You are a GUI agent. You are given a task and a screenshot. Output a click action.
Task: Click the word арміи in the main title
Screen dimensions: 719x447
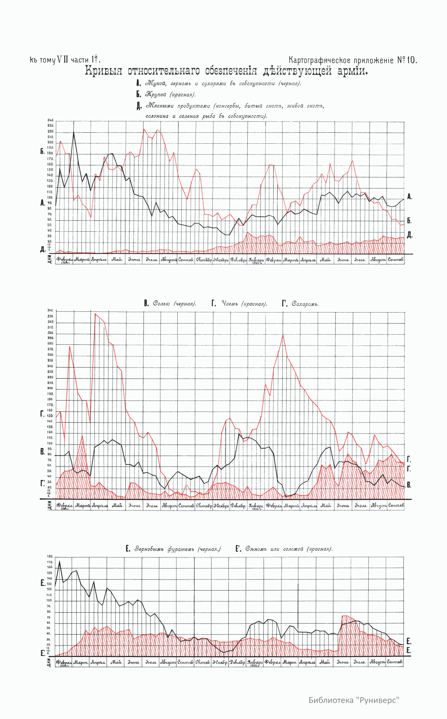[352, 71]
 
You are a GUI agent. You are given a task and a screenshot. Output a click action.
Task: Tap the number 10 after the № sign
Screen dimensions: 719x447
[411, 60]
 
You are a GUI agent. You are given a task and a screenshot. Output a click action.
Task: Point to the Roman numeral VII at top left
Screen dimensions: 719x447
[63, 60]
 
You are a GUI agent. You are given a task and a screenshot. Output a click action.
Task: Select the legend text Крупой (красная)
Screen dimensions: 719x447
[171, 95]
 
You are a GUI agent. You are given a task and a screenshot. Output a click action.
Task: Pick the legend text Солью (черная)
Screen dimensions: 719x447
[174, 304]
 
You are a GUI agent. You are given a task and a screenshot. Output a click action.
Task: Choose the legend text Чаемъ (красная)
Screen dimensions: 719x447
[244, 304]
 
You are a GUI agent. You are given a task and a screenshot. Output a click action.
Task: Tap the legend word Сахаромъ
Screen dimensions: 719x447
[305, 304]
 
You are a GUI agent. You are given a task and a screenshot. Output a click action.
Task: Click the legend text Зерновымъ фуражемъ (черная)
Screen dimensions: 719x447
[178, 549]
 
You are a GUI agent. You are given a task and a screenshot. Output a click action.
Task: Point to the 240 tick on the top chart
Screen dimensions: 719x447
[50, 120]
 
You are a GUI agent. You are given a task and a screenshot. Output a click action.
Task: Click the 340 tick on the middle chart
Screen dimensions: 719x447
[50, 311]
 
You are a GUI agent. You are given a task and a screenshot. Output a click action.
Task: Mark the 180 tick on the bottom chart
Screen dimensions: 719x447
[50, 556]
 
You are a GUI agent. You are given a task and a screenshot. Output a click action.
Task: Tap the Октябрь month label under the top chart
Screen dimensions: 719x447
[204, 260]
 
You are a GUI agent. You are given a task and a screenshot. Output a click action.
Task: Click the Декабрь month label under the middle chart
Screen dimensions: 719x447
[238, 506]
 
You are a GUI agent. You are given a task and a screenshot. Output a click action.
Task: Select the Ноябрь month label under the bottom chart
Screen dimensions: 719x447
[220, 662]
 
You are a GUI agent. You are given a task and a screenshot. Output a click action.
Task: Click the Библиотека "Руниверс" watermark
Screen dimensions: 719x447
[354, 700]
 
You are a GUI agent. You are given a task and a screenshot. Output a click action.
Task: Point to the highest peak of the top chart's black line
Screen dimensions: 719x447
[74, 132]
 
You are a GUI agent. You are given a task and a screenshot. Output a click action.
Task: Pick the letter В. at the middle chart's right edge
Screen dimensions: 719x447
[409, 485]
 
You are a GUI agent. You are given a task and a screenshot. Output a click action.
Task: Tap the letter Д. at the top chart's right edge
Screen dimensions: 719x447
[409, 235]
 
